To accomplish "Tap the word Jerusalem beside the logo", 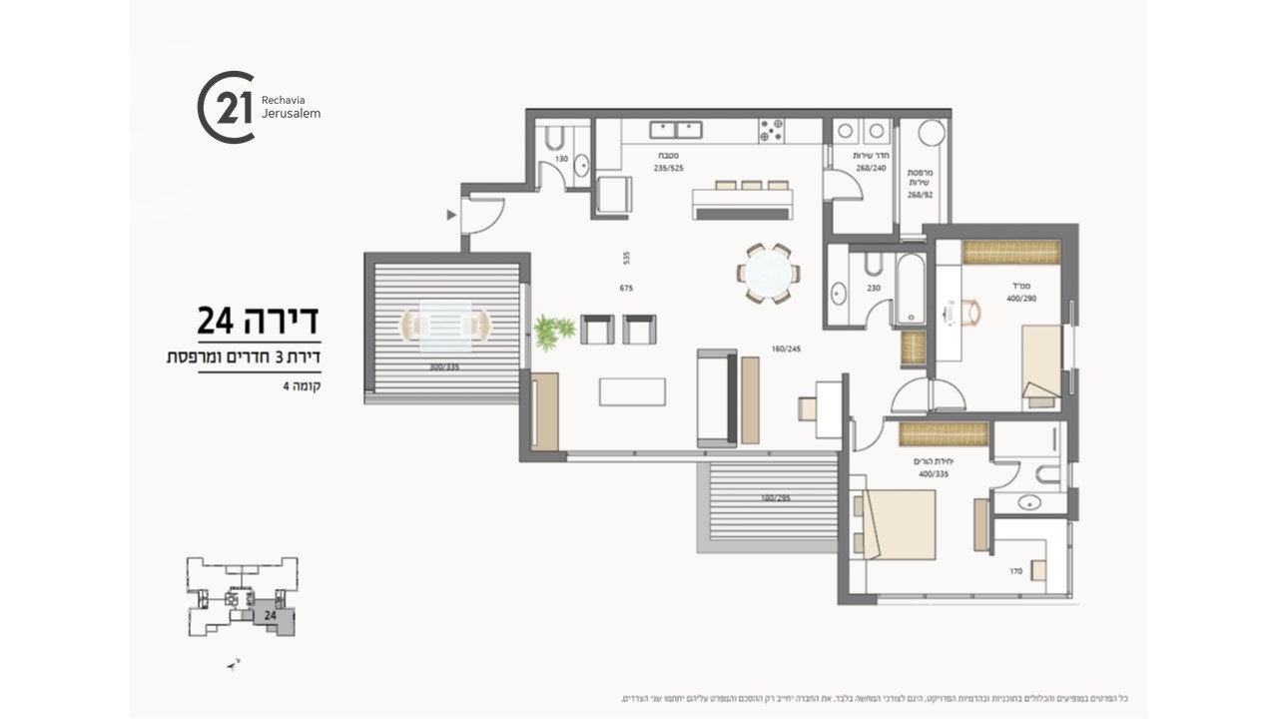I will [291, 114].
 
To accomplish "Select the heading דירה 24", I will [258, 321].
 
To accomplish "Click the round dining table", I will [768, 273].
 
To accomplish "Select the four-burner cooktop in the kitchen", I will [771, 130].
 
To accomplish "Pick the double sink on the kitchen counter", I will [676, 130].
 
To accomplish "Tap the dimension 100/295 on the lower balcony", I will [775, 497].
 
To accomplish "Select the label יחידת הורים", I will [929, 461].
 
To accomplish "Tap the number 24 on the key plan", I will [270, 616].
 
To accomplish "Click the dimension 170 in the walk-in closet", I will [1015, 571].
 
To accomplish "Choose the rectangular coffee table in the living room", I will [632, 390].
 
